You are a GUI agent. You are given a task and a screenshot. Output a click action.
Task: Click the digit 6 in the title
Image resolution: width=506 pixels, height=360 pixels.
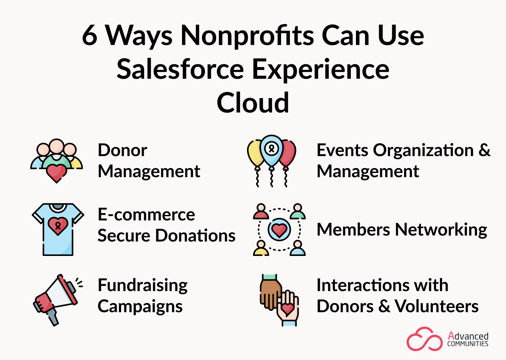pos(90,36)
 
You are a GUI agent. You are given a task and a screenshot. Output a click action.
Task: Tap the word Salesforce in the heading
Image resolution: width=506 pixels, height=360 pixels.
pos(180,69)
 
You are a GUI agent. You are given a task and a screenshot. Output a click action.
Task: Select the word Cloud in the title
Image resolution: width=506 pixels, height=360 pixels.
pos(253,103)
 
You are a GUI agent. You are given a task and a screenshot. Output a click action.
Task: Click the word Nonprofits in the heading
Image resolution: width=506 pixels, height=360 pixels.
pos(247,36)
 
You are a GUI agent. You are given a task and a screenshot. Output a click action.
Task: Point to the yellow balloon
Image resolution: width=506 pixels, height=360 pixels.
pos(255,154)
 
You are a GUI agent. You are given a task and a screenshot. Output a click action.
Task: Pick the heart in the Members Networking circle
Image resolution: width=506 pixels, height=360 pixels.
pos(279,230)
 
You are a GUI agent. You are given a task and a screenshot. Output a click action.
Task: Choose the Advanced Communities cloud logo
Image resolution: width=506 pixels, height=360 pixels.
pos(424,339)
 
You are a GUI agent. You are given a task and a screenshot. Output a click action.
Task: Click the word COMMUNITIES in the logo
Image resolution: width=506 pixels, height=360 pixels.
pos(468,344)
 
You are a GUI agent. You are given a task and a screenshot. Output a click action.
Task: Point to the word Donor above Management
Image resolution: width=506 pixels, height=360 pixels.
pos(122,150)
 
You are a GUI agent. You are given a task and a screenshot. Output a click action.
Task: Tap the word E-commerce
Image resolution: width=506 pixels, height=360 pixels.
pos(146,214)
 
